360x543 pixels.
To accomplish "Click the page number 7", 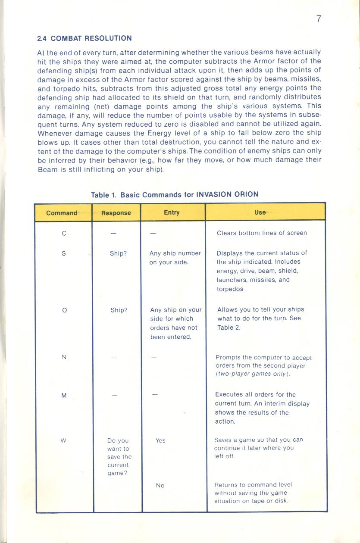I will pos(319,19).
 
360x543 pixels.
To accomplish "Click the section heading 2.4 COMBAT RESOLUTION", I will pos(85,38).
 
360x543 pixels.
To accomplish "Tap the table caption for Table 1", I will pos(175,194).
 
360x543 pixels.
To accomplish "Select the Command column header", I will pos(62,213).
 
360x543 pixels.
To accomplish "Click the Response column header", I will pos(116,213).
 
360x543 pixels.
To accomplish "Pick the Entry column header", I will pos(172,212).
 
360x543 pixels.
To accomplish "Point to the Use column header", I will pos(260,212).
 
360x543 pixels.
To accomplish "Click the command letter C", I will pos(64,234).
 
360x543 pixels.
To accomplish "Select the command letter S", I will pos(64,254).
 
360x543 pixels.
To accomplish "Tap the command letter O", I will pos(64,310).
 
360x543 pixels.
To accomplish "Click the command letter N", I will pos(64,357).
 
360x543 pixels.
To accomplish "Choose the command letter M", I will pos(64,396).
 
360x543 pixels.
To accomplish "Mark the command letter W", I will pos(64,440).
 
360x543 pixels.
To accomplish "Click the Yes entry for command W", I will pos(160,440).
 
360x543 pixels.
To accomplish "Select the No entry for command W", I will pos(160,485).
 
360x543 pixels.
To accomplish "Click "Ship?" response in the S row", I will pos(118,254).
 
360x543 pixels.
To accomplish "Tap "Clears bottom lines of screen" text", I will pos(262,233).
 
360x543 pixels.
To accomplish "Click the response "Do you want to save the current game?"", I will pos(119,457).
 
